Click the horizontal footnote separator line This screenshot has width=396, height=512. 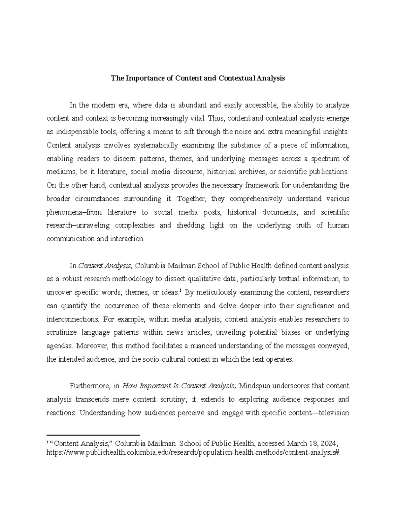pos(93,435)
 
